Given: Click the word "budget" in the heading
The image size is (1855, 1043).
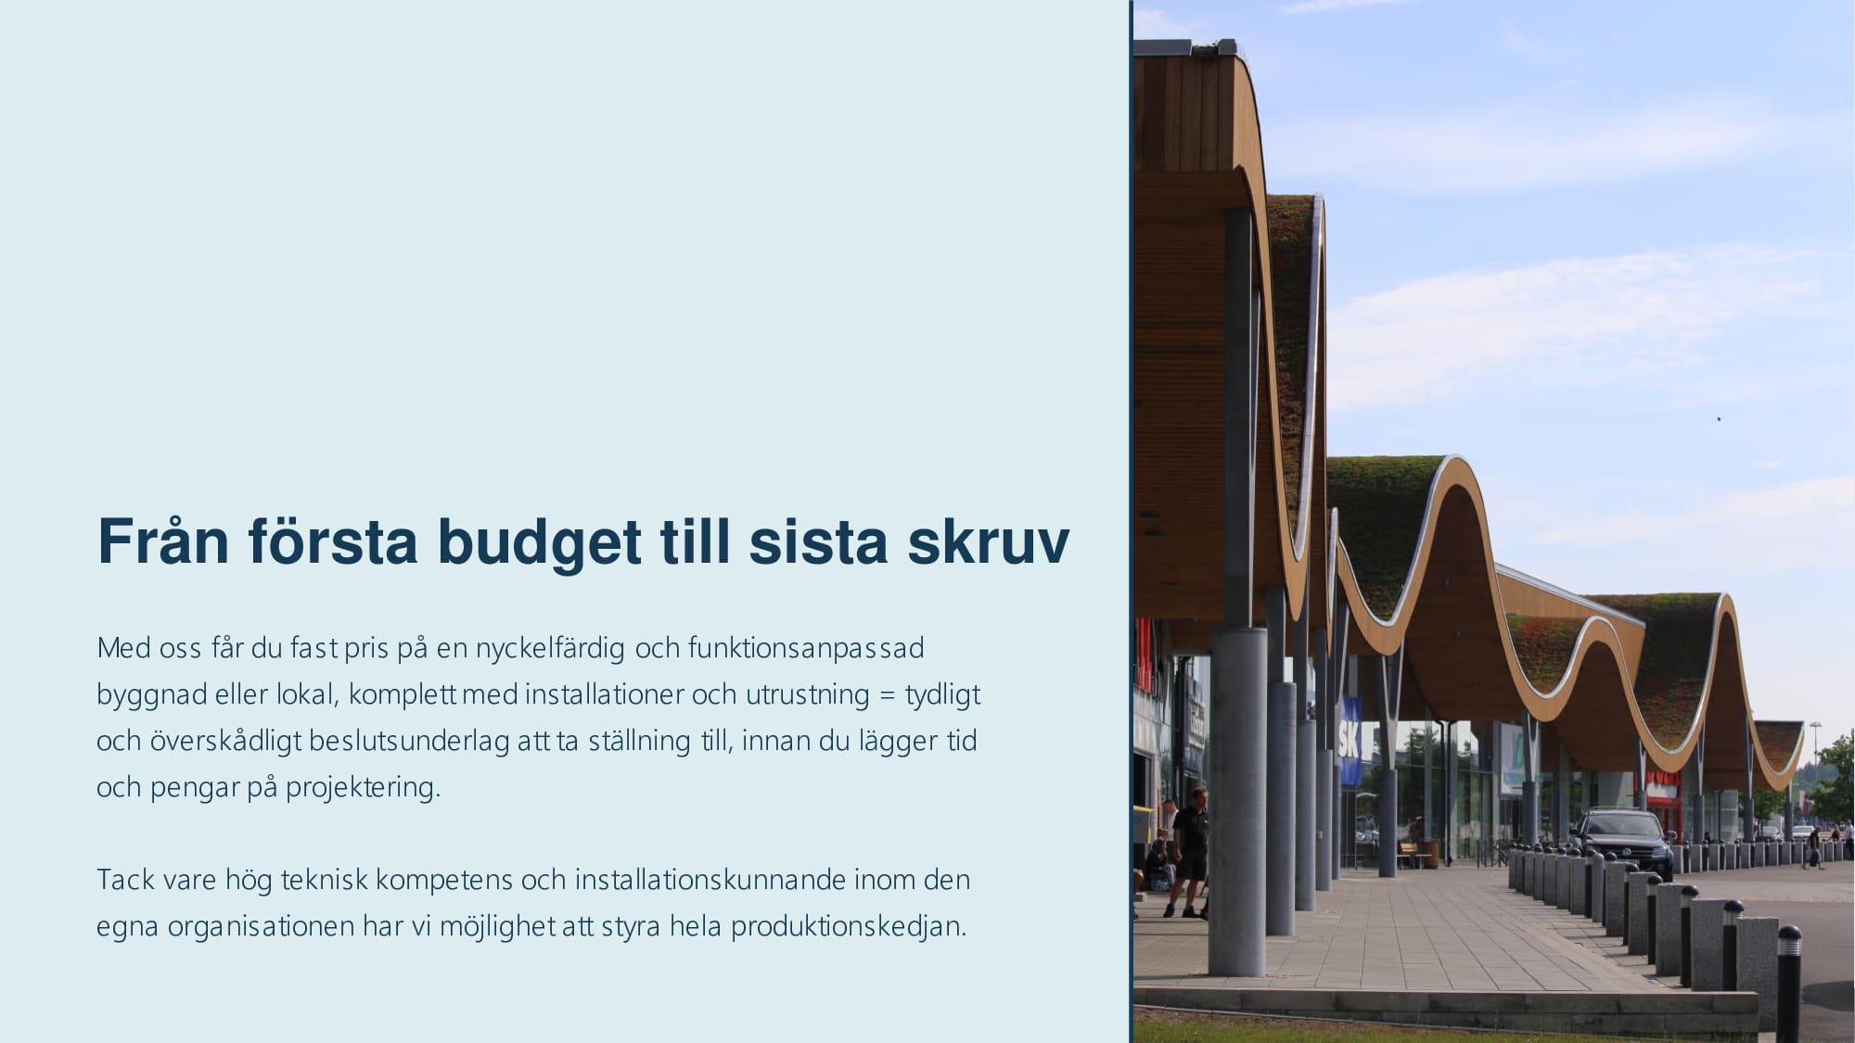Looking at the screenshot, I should click(539, 541).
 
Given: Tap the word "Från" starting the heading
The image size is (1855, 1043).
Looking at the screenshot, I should click(163, 541).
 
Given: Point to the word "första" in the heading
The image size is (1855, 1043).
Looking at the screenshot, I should click(333, 541).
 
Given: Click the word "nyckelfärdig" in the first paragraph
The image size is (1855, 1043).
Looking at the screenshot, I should click(550, 648).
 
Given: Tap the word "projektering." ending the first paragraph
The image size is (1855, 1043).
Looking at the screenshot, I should click(363, 788).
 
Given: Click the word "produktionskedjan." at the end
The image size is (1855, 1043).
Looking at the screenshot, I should click(849, 926).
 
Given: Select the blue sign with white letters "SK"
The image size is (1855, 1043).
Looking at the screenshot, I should click(1349, 742).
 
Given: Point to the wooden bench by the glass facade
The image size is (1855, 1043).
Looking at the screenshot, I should click(1417, 853).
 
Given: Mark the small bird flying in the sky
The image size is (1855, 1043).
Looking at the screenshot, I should click(1719, 419).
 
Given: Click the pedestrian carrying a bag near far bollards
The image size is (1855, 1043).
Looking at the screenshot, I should click(1813, 847).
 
